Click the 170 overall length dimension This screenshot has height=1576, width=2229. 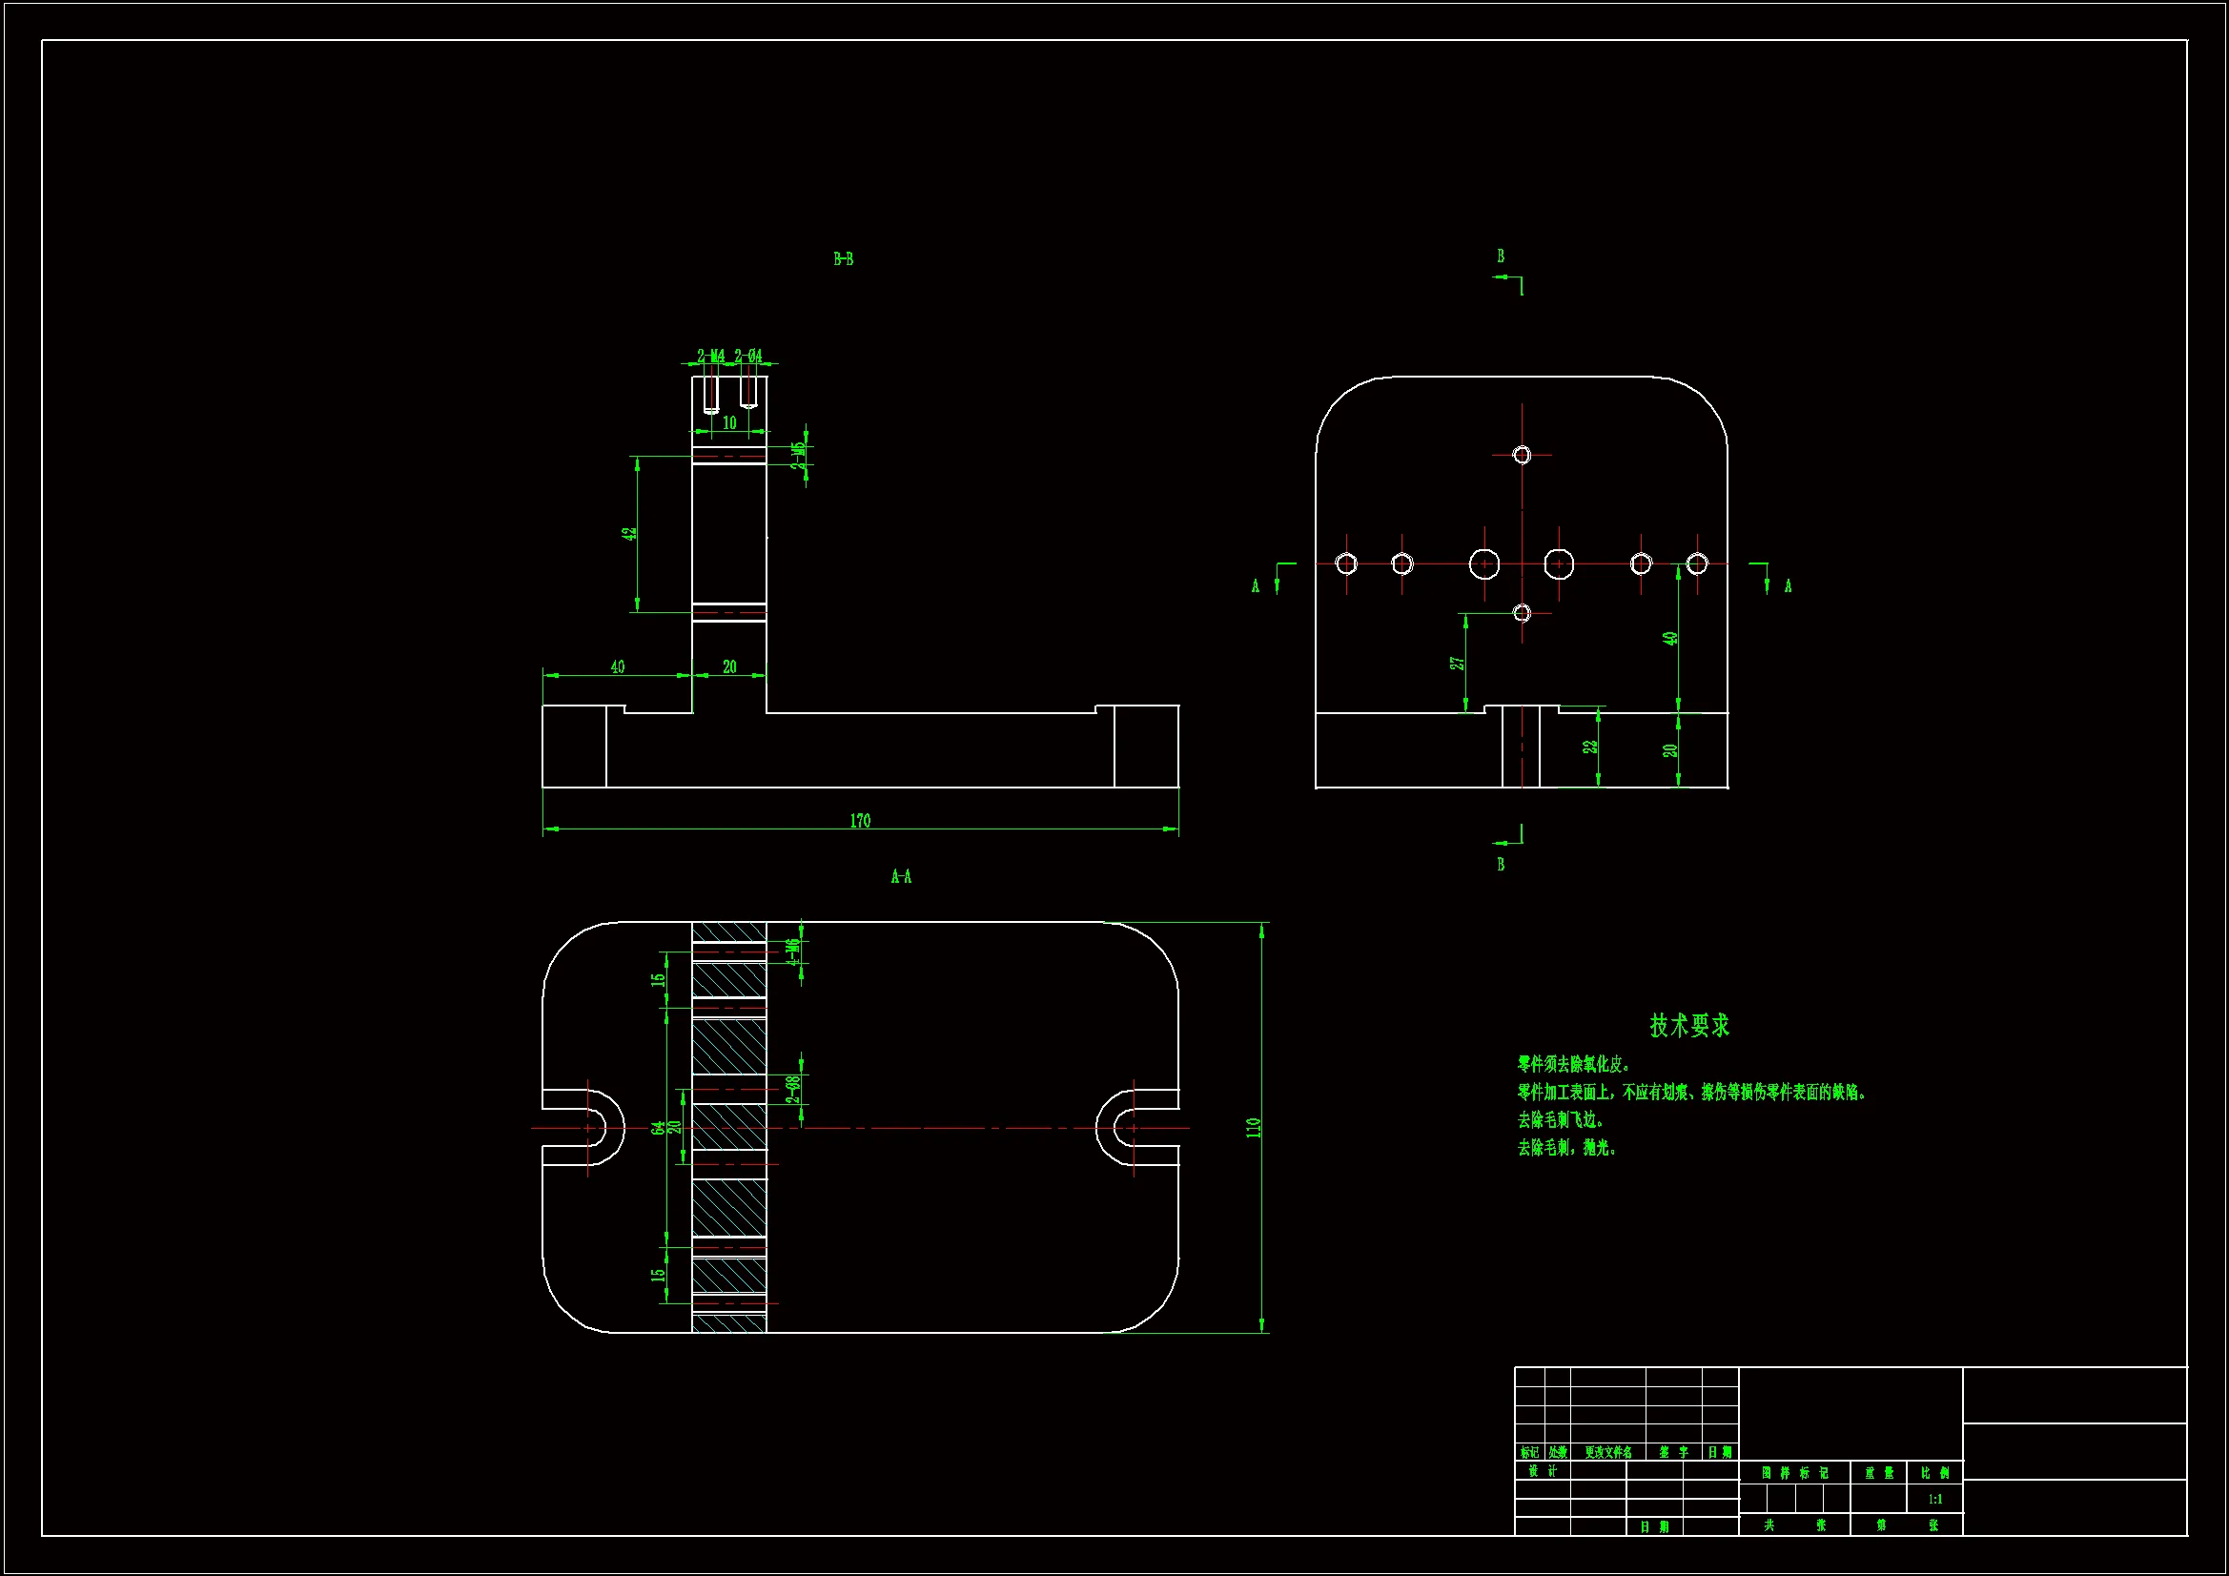click(x=860, y=821)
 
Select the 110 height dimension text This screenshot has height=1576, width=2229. click(x=1253, y=1127)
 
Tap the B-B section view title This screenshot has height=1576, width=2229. click(x=843, y=259)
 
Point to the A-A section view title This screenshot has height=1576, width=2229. click(x=901, y=877)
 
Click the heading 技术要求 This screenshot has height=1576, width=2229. click(x=1689, y=1026)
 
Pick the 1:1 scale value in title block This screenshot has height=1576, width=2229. click(x=1934, y=1500)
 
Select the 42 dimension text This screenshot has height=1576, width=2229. click(x=629, y=534)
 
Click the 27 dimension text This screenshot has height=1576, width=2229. click(x=1456, y=664)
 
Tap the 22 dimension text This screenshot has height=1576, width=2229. click(x=1589, y=747)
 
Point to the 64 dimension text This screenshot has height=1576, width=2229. click(x=658, y=1127)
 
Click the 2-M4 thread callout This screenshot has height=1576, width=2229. click(x=710, y=357)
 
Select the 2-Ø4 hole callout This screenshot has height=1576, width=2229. click(x=748, y=357)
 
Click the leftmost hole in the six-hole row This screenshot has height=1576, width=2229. click(x=1345, y=563)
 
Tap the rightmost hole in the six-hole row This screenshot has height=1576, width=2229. click(x=1697, y=563)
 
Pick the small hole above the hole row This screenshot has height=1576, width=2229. click(x=1522, y=455)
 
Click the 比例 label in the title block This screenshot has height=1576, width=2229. click(x=1934, y=1473)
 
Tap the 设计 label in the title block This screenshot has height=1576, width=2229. click(x=1542, y=1471)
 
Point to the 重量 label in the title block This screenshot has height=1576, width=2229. click(x=1878, y=1473)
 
